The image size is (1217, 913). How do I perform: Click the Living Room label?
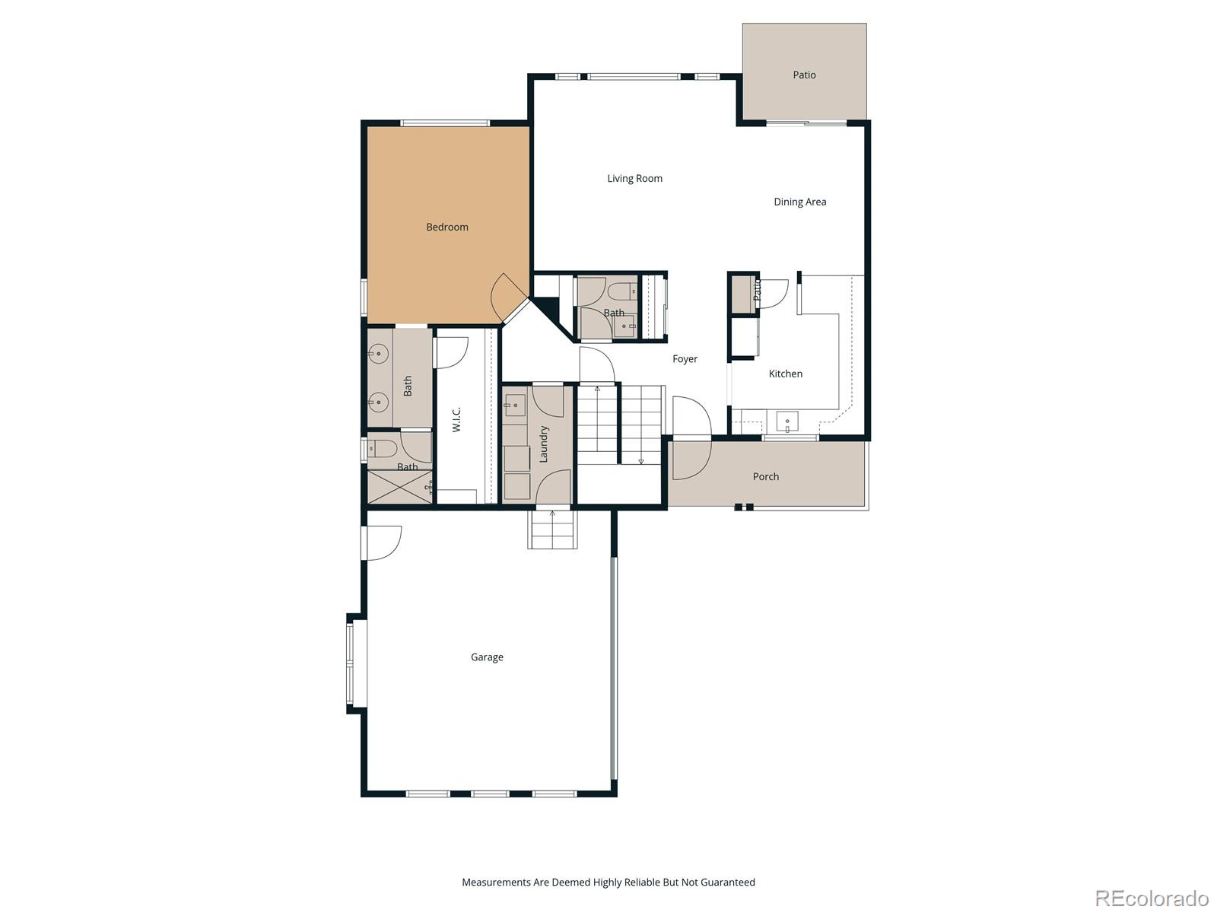coord(634,179)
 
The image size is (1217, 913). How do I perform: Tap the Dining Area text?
coord(799,202)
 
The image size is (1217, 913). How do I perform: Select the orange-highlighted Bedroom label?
coord(447,227)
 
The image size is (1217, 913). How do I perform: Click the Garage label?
coord(487,657)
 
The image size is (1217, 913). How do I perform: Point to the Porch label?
coord(766,477)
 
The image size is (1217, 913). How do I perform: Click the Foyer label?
coord(685,359)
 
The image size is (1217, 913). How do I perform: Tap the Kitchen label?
coord(785,374)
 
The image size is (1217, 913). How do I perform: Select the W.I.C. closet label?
coord(457,419)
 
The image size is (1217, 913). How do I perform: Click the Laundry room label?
coord(544,444)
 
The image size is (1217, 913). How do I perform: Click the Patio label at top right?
coord(804,75)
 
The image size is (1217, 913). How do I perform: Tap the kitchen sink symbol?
coord(786,421)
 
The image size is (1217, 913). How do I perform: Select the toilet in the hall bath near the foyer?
coord(622,290)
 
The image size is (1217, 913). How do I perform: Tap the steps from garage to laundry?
coord(553,530)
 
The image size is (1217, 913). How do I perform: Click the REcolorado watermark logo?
coord(1151,898)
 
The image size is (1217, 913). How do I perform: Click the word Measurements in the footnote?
coord(495,883)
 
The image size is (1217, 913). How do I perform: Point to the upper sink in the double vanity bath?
coord(379,353)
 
